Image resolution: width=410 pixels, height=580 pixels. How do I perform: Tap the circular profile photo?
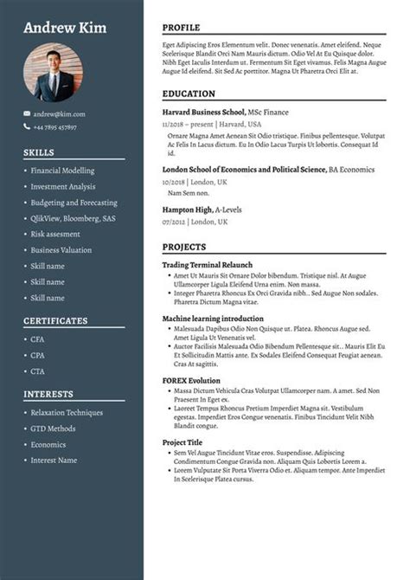pos(60,74)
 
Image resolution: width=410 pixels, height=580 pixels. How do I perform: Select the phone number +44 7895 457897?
pos(55,127)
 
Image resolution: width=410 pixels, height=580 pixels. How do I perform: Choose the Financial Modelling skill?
pos(62,171)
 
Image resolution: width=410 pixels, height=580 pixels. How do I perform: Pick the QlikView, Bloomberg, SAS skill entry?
pos(73,218)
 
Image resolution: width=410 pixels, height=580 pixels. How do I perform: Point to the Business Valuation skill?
pos(61,250)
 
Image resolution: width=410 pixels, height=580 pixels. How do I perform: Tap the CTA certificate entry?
pos(37,371)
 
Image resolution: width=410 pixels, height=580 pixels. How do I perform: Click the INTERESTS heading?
pos(48,394)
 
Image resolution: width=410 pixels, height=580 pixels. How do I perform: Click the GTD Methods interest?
pos(53,429)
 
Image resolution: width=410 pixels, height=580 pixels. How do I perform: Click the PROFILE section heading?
pos(181,28)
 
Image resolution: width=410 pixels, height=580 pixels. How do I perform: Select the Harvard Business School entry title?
pos(203,113)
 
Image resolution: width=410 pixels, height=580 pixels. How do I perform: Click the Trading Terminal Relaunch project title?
pos(207,264)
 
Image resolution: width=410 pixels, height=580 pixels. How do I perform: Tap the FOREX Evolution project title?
pos(191,380)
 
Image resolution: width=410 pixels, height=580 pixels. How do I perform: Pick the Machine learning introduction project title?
pos(213,319)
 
